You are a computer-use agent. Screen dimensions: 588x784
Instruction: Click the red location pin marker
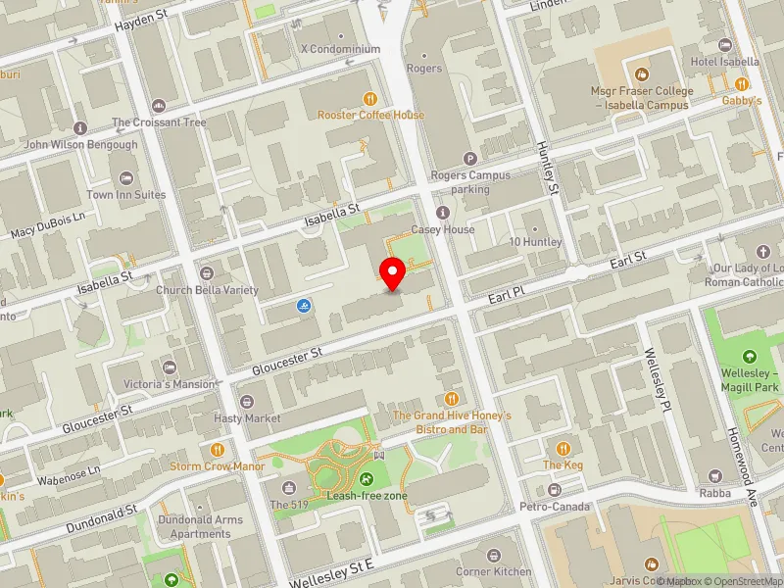(x=393, y=273)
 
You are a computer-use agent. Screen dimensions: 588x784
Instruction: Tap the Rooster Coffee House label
(x=370, y=115)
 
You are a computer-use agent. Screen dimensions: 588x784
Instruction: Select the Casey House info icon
(x=443, y=213)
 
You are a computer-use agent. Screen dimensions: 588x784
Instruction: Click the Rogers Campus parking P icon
(x=469, y=159)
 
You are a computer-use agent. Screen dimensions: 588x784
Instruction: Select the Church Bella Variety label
(x=207, y=290)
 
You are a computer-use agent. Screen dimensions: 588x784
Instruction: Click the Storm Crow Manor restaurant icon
(x=217, y=450)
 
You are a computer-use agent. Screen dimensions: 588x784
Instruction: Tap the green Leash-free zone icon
(x=367, y=479)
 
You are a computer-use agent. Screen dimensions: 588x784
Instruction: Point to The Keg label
(x=563, y=465)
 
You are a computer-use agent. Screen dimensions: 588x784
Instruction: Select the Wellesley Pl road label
(x=655, y=380)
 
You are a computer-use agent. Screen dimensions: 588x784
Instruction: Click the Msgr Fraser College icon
(x=641, y=74)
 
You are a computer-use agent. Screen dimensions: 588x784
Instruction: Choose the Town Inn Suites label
(x=126, y=195)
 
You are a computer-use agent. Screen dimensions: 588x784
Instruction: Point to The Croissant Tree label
(x=159, y=122)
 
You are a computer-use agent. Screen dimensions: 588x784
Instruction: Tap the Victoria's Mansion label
(x=169, y=384)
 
